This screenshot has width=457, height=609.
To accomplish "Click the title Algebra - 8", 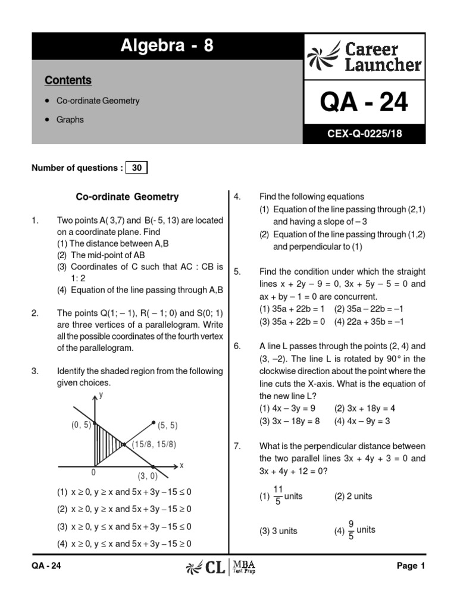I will pos(167,46).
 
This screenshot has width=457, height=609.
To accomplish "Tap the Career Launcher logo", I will pos(365,57).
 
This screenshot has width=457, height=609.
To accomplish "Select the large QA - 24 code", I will pos(364,102).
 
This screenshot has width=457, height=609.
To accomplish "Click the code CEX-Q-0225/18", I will pos(364,134).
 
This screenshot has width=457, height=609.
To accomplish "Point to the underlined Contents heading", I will pos(68,80).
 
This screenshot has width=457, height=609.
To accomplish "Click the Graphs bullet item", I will pos(70,120).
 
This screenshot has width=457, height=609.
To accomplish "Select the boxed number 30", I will pos(137,168).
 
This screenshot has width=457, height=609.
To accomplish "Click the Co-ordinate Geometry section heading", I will pos(127,197).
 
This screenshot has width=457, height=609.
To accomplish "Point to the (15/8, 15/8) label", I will pos(154,444).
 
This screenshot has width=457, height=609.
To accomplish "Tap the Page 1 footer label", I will pos(411,566).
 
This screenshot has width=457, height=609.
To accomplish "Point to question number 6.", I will pos(237,346).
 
